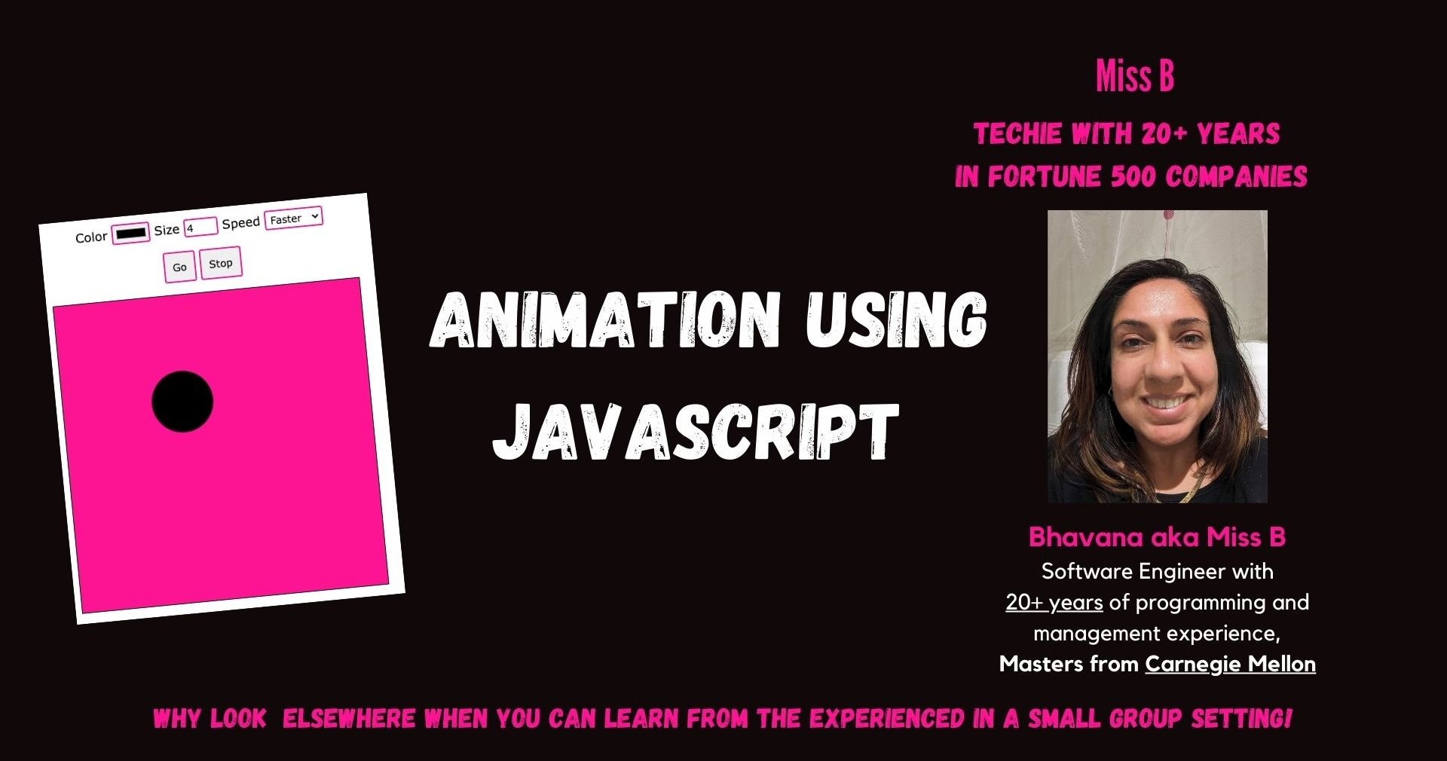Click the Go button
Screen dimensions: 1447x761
tap(180, 267)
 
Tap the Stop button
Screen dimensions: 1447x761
tap(221, 263)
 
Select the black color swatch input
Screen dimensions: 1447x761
tap(131, 234)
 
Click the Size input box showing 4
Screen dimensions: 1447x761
tap(200, 227)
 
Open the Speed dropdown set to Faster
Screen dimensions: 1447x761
tap(294, 218)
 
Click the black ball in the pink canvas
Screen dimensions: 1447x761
tap(182, 402)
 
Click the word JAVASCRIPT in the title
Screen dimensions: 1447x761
tap(696, 431)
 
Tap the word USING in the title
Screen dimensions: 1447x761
tap(896, 319)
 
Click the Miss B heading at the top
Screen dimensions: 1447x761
tap(1135, 77)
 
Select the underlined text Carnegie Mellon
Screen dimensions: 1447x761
tap(1231, 664)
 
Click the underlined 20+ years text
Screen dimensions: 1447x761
tap(1054, 603)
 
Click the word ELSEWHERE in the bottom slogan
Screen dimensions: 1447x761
tap(349, 719)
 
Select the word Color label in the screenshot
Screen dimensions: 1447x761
tap(91, 237)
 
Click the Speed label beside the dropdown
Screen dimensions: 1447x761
tap(241, 223)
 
